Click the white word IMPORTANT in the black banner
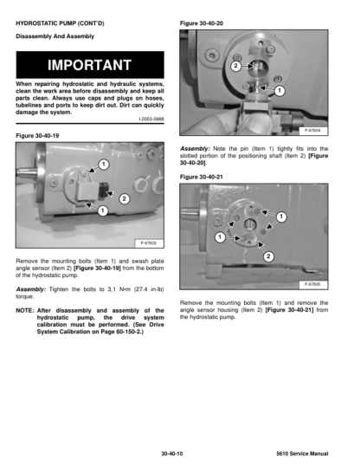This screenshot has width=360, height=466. point(89,65)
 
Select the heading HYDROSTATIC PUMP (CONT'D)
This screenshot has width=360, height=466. point(60,23)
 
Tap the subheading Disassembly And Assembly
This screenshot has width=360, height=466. point(55,36)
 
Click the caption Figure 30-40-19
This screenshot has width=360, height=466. point(37,135)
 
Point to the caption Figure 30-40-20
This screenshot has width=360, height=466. point(202,23)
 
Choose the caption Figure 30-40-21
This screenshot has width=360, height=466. point(202,177)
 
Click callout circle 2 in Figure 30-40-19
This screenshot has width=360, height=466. point(124,198)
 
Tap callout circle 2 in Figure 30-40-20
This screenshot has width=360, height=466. point(236,66)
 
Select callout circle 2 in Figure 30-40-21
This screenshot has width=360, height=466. point(268,256)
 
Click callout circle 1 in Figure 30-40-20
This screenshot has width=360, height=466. point(280,91)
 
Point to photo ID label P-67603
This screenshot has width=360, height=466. point(149,243)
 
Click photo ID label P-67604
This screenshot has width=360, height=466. point(312,131)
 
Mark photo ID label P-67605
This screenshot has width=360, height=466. point(312,284)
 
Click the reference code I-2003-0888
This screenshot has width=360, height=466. point(151,119)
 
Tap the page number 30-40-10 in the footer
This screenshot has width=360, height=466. point(172,454)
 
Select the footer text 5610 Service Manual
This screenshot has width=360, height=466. point(302,454)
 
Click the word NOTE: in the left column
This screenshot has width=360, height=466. point(25,311)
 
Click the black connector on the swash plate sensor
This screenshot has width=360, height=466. point(104,191)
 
